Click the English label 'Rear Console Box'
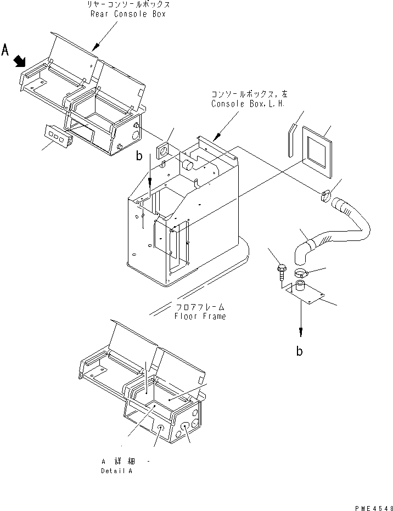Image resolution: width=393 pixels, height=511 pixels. (x=128, y=14)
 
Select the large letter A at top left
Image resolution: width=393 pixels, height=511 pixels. (x=6, y=50)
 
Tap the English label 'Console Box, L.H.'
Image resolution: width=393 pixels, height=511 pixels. (x=240, y=103)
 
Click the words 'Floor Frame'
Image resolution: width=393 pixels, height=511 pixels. (x=200, y=316)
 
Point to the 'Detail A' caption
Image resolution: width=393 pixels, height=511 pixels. (x=116, y=471)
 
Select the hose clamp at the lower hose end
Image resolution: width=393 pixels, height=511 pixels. (x=302, y=273)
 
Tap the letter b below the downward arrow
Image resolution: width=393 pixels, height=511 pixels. (x=299, y=351)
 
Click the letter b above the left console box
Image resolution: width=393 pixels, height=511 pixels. (x=140, y=156)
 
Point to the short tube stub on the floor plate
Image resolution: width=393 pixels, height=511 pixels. (x=300, y=285)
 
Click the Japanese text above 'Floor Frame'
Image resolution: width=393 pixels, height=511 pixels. (x=200, y=307)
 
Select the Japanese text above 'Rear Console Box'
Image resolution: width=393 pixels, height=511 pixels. (x=128, y=4)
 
